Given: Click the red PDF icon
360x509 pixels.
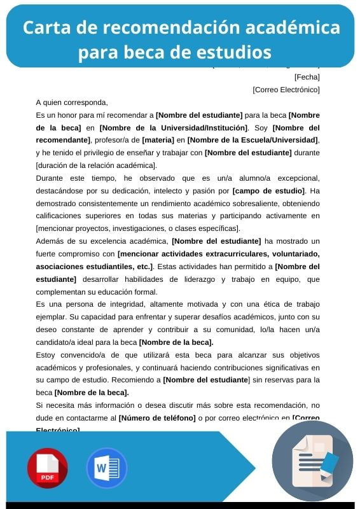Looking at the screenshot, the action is coord(47,468).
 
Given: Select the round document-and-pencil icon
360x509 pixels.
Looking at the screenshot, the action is coord(312,461).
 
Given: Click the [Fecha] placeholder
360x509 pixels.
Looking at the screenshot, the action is coord(307,77).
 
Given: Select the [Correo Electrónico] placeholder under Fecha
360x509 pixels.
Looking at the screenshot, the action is coord(286,90).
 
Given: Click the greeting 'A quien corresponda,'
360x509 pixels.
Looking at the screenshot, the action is coord(72,102).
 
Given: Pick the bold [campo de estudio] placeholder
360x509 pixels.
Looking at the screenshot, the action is coord(269,190).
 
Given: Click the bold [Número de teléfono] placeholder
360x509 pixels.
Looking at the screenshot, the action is coord(157,417).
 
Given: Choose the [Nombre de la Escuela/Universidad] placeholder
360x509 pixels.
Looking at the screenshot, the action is coord(253,139).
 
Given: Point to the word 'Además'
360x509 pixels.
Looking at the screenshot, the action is coord(51,241).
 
